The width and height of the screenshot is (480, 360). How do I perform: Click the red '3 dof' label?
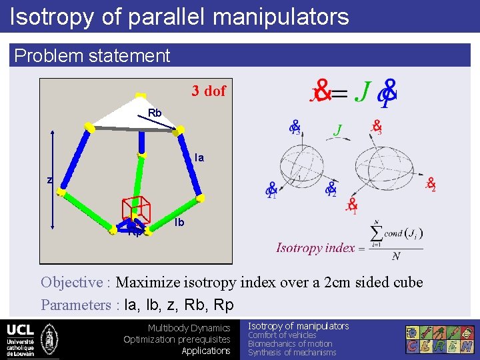[x=209, y=91]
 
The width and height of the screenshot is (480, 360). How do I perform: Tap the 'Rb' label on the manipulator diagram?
[x=155, y=113]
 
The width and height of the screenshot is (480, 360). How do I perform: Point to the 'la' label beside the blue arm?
[x=199, y=158]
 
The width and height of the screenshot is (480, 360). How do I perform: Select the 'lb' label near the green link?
[x=179, y=223]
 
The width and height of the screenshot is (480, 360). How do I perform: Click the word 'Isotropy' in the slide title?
[x=52, y=16]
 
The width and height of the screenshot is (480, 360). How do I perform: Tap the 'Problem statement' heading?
[x=92, y=55]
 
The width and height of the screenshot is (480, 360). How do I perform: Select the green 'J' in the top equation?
[x=363, y=91]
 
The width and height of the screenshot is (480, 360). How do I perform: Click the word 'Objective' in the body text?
[x=71, y=282]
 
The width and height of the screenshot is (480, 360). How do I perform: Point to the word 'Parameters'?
[x=76, y=305]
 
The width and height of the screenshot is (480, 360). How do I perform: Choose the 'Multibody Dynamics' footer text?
[x=189, y=328]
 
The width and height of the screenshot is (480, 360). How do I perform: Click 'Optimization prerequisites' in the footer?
[x=177, y=339]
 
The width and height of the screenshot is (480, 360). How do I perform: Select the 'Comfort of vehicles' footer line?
[x=282, y=335]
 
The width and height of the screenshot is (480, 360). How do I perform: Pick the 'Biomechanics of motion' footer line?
[x=290, y=344]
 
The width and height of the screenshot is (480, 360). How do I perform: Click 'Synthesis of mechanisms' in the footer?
[x=292, y=353]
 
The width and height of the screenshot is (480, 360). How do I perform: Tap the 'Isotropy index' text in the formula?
[x=315, y=248]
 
